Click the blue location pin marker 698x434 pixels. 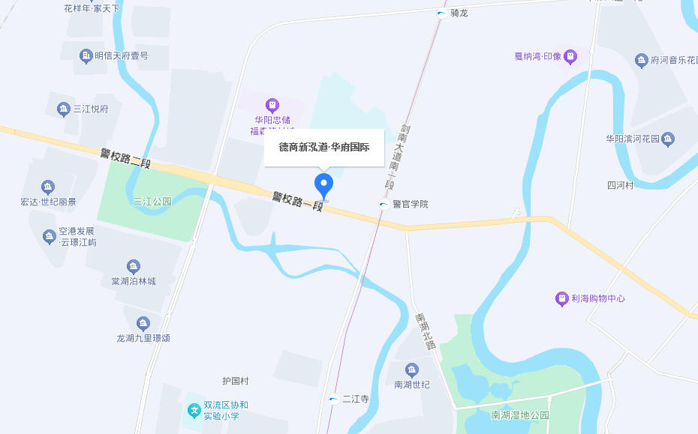tap(323, 183)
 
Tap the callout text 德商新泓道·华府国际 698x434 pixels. tap(324, 148)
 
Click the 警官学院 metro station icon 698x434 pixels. tap(384, 204)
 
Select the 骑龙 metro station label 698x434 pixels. tap(459, 13)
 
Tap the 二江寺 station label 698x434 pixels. tap(356, 399)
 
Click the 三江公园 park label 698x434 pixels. tap(152, 202)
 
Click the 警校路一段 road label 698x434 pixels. tap(297, 201)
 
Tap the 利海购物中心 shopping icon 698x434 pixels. tap(561, 298)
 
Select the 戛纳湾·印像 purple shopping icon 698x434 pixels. tap(570, 56)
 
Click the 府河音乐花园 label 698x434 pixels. tap(670, 59)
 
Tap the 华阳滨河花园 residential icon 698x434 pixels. tap(668, 139)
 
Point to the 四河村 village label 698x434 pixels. tap(621, 185)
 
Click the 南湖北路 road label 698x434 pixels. tap(426, 331)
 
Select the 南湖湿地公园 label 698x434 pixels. tap(520, 415)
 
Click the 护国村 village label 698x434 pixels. tap(235, 381)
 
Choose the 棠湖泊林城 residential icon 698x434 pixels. tap(134, 266)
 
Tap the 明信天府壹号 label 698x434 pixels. tap(122, 55)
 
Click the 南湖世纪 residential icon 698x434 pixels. tap(411, 370)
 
